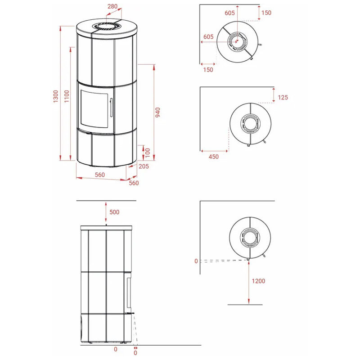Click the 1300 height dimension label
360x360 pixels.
point(56,96)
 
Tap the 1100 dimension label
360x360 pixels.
point(67,96)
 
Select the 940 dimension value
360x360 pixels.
point(158,112)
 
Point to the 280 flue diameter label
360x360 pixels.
point(112,6)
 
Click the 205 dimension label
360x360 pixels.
point(144,166)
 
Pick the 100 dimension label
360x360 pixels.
point(148,153)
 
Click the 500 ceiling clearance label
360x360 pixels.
point(114,212)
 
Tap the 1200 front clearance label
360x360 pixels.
point(258,281)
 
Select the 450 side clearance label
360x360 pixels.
point(213,157)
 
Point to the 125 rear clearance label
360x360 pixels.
point(283,97)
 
